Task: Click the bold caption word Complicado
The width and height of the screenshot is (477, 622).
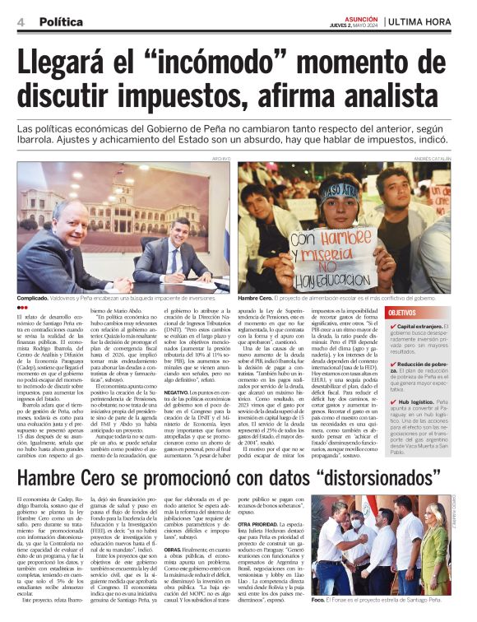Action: click(38, 299)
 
